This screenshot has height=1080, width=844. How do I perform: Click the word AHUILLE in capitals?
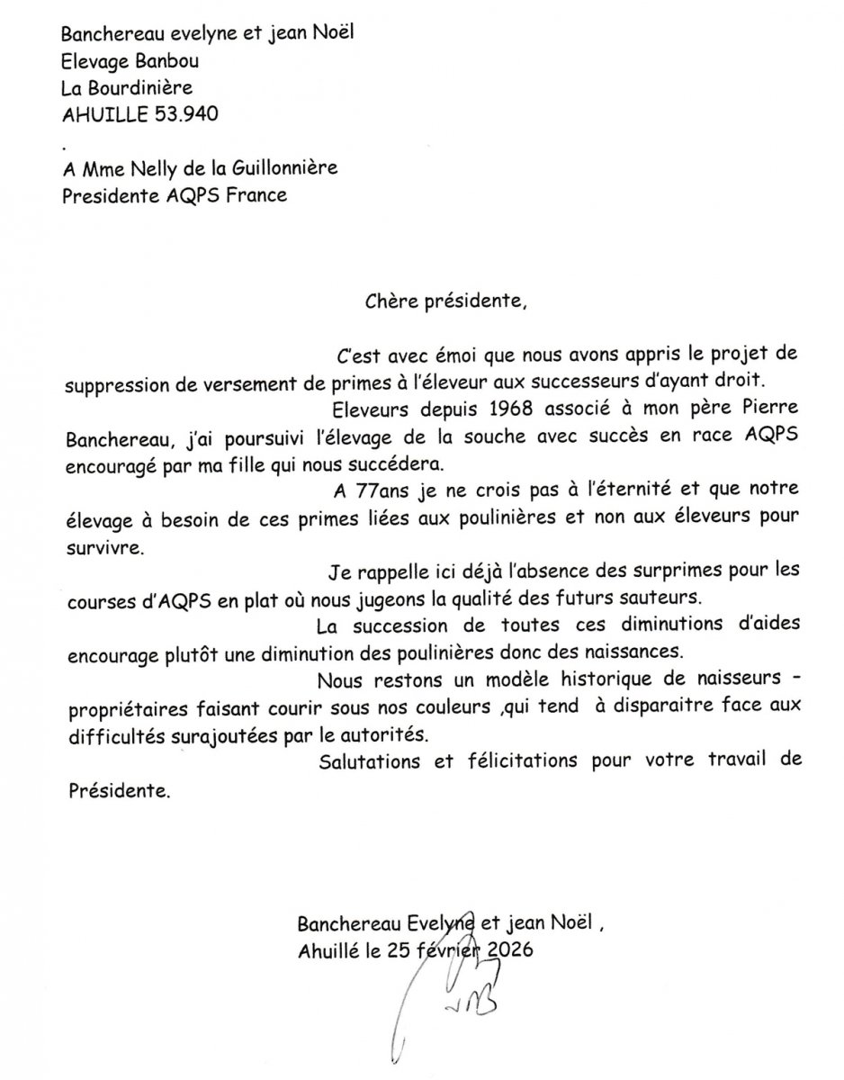[x=98, y=114]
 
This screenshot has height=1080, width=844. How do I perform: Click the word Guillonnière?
[x=280, y=167]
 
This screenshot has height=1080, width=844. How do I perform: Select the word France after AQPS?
[x=253, y=194]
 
